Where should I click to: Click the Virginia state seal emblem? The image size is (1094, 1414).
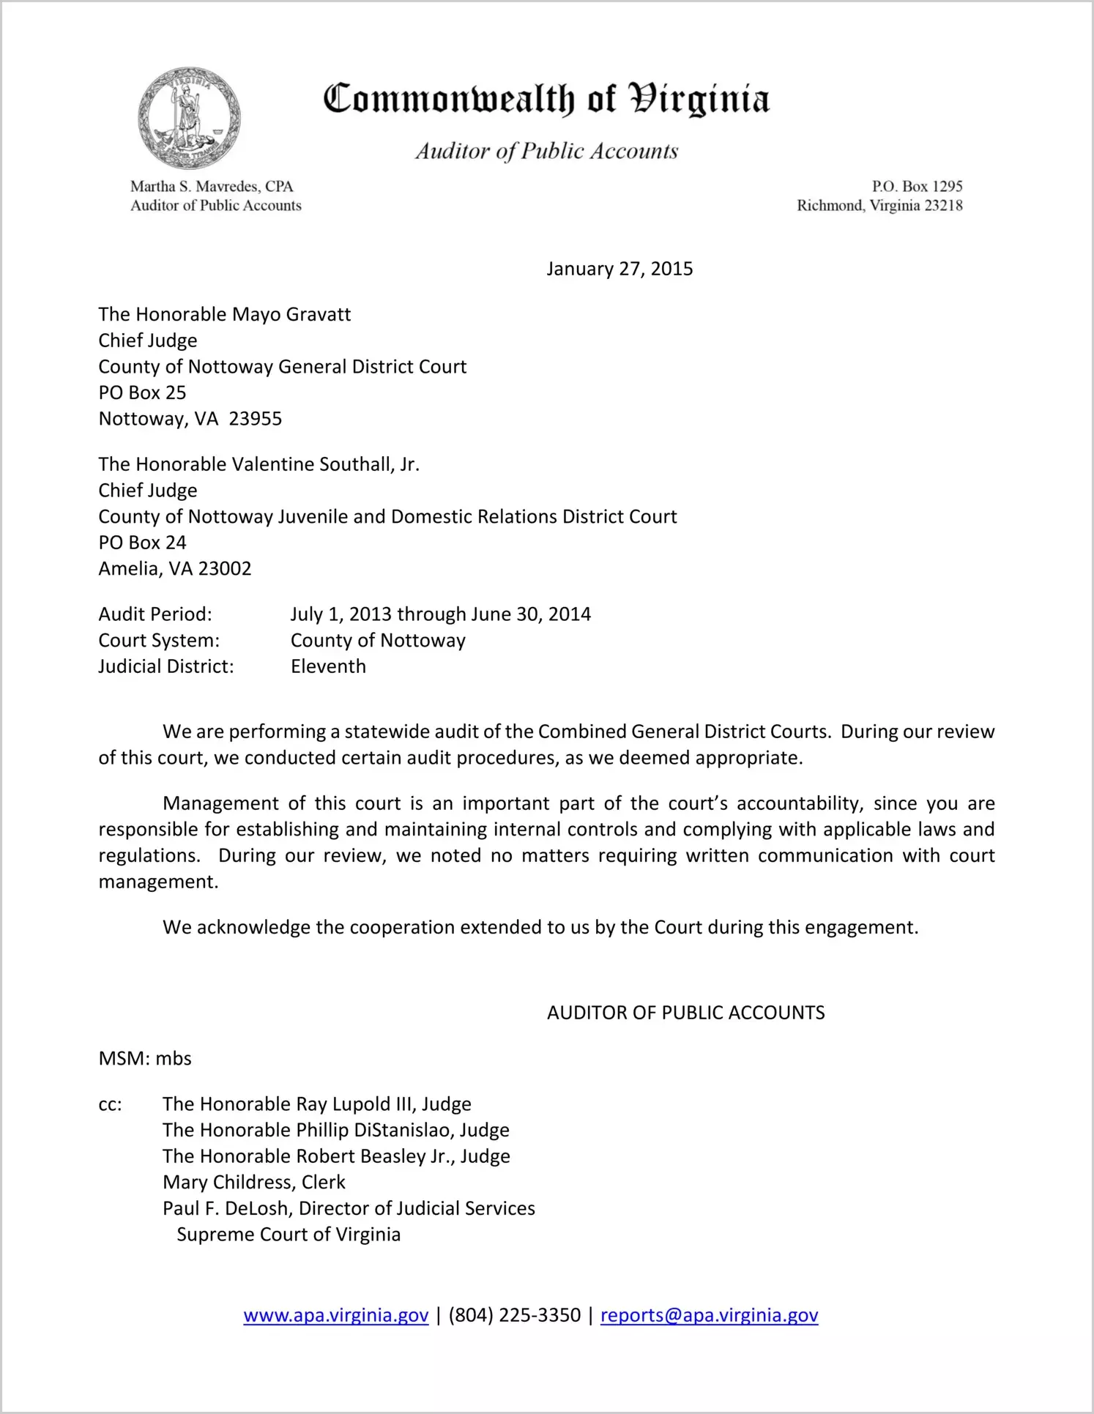point(189,118)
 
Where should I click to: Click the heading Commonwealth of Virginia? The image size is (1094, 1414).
point(546,99)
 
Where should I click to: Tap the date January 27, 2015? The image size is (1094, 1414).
point(619,269)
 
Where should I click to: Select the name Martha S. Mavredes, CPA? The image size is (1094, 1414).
point(212,187)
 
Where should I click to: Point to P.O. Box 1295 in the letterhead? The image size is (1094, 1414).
point(917,187)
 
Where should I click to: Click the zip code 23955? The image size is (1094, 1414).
point(256,419)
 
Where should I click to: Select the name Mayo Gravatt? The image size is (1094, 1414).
point(291,315)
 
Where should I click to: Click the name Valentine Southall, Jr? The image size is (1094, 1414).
point(326,464)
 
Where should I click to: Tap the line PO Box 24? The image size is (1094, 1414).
point(143,543)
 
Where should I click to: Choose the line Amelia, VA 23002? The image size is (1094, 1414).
point(175,569)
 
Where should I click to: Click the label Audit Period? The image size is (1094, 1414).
point(155,614)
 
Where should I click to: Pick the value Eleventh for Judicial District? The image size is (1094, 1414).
point(328,666)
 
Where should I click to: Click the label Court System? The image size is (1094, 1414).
point(159,641)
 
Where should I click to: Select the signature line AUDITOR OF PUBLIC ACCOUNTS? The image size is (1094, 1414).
point(685,1013)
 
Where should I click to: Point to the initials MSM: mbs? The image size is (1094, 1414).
point(145,1059)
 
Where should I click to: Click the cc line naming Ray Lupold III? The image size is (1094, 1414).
point(317,1104)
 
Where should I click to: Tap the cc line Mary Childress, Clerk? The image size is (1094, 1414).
point(254,1183)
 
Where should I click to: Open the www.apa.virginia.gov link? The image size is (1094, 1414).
point(336,1316)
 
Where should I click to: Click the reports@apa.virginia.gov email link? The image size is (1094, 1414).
point(709,1316)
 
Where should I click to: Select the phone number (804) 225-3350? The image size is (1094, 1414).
point(514,1316)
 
